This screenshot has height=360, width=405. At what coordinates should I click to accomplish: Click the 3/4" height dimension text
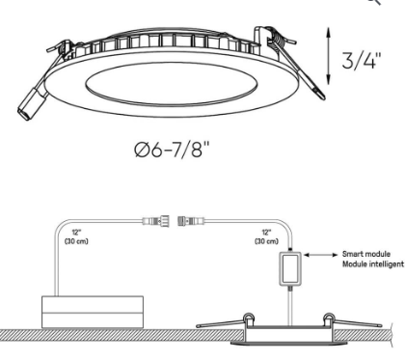click(362, 60)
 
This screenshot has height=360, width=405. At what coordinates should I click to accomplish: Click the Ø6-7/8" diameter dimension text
click(172, 150)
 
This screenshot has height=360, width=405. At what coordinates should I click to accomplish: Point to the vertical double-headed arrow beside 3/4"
click(328, 56)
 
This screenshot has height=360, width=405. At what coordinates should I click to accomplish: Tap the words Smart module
click(366, 254)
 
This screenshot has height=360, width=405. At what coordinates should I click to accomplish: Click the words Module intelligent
click(373, 264)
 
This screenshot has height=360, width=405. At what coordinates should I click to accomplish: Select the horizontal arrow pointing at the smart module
click(321, 255)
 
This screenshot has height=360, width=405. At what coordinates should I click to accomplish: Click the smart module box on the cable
click(290, 268)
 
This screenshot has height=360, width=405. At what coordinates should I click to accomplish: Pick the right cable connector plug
click(191, 221)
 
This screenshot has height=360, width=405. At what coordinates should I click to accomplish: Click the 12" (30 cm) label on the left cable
click(76, 236)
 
